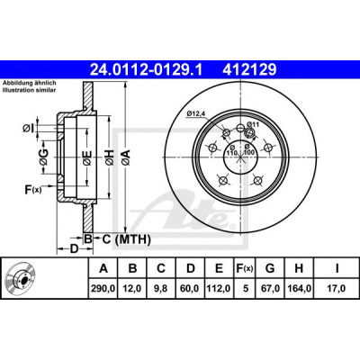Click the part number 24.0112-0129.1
(146, 70)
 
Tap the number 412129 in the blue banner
(249, 70)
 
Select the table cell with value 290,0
(103, 288)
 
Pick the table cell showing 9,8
(161, 288)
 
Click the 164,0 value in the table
(299, 288)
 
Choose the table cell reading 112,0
(219, 288)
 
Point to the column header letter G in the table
(270, 268)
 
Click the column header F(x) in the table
(245, 268)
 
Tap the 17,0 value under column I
(337, 288)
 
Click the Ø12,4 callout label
(195, 113)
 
